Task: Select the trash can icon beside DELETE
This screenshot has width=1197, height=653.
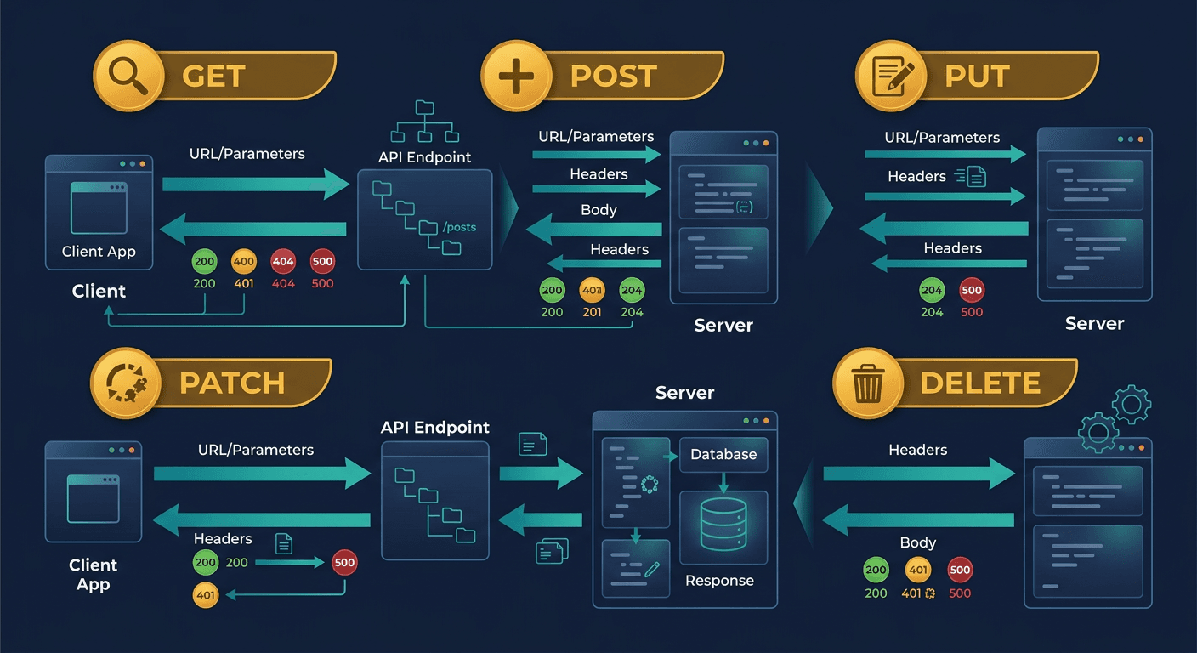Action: [x=868, y=384]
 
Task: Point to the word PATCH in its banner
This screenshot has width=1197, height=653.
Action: [x=231, y=383]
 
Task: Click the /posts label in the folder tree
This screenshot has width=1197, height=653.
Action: [x=460, y=227]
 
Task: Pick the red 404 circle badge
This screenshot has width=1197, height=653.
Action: [x=283, y=262]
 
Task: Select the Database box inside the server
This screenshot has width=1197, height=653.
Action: [x=723, y=455]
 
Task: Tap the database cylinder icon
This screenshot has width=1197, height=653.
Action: [x=723, y=525]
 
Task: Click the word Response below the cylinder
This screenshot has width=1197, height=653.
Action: [x=719, y=581]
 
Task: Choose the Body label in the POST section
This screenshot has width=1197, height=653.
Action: [x=598, y=210]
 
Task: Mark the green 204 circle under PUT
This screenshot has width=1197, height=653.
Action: [x=932, y=291]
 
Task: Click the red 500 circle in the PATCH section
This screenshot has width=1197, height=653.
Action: [x=344, y=562]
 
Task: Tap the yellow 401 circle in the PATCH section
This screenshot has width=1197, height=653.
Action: [x=206, y=596]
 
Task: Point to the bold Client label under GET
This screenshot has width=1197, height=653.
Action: [x=99, y=291]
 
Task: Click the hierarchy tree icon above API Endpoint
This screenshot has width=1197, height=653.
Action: [x=423, y=122]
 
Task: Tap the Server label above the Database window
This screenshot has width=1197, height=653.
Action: [x=684, y=393]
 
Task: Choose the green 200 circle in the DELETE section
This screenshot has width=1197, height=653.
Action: [x=876, y=571]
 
